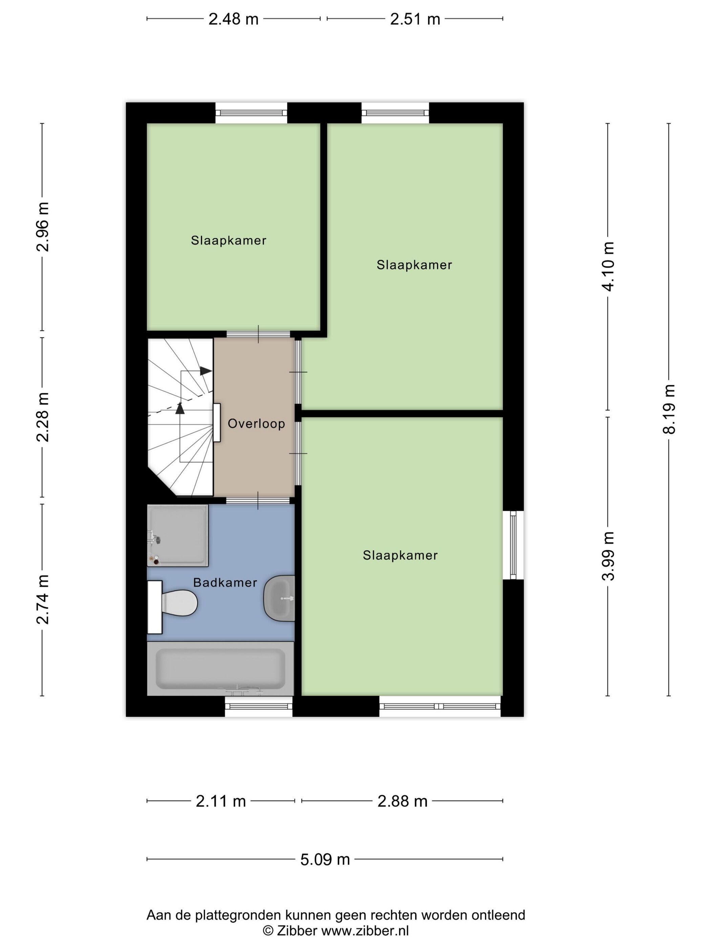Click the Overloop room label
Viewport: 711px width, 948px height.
[256, 424]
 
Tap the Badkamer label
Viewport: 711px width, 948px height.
[225, 582]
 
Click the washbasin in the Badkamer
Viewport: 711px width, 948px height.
[279, 598]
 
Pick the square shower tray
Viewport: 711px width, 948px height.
[177, 535]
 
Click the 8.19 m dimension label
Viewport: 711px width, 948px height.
[669, 409]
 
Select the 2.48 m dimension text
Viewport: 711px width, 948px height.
[234, 19]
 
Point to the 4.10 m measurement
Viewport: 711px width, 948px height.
[608, 266]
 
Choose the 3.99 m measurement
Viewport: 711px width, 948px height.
[608, 556]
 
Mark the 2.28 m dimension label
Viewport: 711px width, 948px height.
[42, 417]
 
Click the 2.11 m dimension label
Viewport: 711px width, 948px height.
[221, 801]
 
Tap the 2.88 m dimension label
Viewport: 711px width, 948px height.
[403, 801]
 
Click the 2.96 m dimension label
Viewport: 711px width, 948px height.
[42, 227]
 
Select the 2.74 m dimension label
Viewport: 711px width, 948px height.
[42, 600]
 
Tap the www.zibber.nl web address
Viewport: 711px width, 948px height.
[365, 930]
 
